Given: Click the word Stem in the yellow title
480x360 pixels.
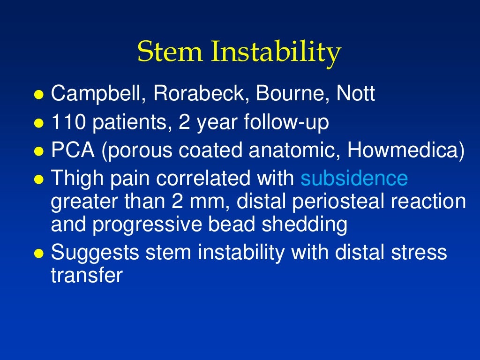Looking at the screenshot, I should coord(170,52).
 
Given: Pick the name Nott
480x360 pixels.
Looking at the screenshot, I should coord(356,94).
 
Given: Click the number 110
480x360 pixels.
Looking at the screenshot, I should coord(68,122).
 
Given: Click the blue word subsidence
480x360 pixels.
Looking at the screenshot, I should coord(354,179).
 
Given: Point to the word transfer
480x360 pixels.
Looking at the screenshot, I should coord(86,275).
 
